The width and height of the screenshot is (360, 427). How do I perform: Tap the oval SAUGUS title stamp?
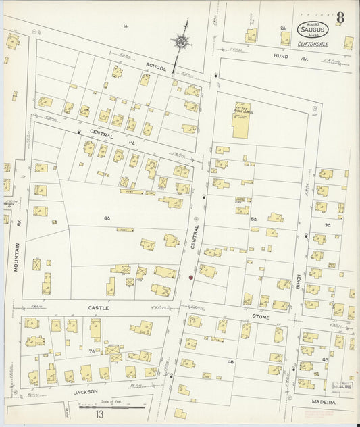pyautogui.click(x=313, y=30)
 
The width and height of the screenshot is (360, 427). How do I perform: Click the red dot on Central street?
pyautogui.click(x=191, y=277)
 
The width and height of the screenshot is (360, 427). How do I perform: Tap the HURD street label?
pyautogui.click(x=282, y=56)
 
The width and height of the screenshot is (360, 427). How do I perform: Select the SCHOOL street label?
pyautogui.click(x=155, y=68)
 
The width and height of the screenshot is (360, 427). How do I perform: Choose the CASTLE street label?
pyautogui.click(x=99, y=307)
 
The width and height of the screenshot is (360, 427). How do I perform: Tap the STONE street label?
pyautogui.click(x=261, y=317)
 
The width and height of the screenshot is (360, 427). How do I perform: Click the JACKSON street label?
pyautogui.click(x=86, y=391)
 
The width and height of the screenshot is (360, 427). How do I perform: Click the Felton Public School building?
pyautogui.click(x=241, y=120)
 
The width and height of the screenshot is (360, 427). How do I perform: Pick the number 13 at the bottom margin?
pyautogui.click(x=99, y=415)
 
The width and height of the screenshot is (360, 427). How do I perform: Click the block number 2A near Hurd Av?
pyautogui.click(x=283, y=28)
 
